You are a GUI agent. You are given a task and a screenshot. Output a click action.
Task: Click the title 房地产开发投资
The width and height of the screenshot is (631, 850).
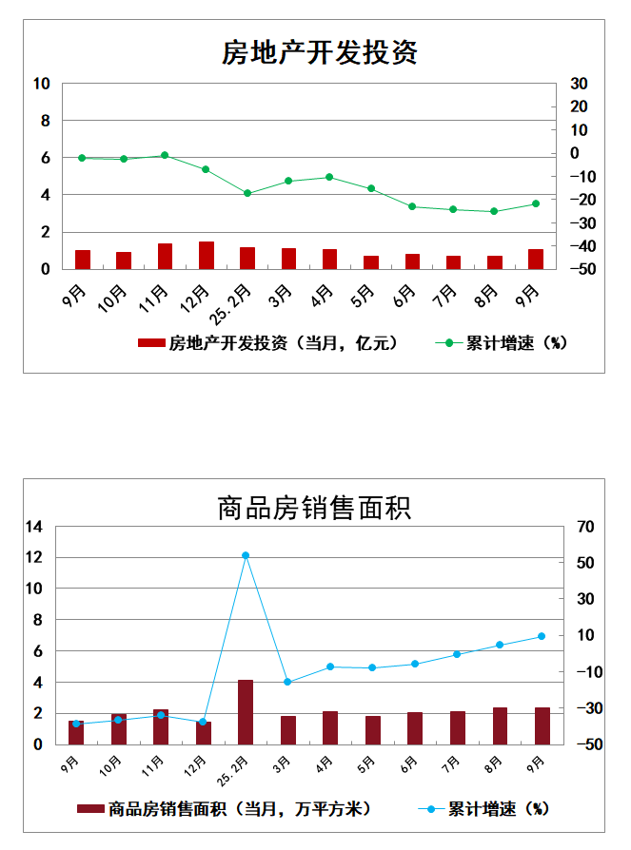pos(320,51)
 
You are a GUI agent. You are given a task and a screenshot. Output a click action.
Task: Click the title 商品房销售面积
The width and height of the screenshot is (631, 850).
pos(314,507)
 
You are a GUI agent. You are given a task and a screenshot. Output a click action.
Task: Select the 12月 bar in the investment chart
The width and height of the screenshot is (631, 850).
pos(206,256)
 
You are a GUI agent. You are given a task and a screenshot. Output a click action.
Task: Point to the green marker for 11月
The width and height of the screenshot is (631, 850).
pos(165,155)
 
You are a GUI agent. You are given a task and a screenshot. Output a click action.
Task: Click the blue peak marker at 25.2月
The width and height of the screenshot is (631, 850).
pos(246,555)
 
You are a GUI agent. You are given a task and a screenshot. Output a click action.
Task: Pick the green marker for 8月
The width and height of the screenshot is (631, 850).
pos(494,211)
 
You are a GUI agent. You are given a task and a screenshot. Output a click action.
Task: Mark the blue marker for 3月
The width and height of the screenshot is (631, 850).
pos(287,682)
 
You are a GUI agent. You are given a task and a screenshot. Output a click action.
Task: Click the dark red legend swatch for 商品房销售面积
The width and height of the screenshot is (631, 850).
pos(90,809)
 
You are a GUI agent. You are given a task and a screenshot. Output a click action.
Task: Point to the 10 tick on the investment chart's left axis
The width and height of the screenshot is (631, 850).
pos(42,84)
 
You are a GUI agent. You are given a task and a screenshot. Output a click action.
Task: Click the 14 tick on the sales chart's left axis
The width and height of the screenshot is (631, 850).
pos(35,527)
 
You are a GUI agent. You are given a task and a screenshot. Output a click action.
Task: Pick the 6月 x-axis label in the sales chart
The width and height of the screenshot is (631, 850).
pos(410,762)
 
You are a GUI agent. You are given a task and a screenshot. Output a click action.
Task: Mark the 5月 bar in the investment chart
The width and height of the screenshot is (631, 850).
pos(370,262)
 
